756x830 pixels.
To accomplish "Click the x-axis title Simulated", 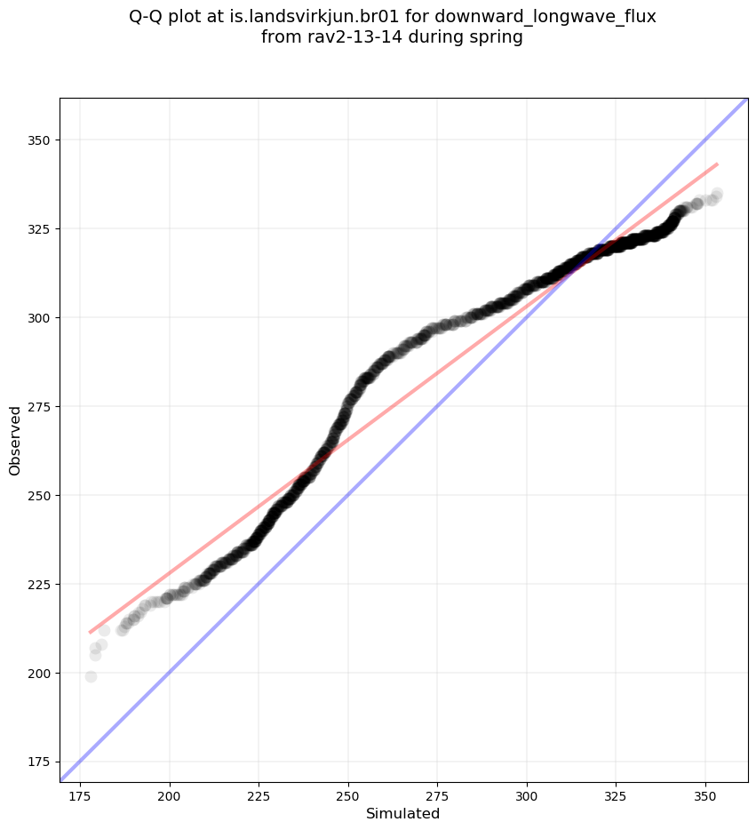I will click(x=402, y=813).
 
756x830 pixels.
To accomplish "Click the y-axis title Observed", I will click(x=15, y=440).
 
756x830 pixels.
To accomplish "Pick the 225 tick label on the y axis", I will click(x=39, y=584).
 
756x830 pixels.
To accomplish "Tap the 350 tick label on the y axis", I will click(x=39, y=140).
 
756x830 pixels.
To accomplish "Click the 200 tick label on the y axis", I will click(x=39, y=673).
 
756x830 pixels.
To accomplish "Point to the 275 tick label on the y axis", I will click(x=39, y=406).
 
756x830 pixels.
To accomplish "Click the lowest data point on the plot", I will click(x=91, y=676).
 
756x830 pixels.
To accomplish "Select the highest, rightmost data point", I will click(x=717, y=194).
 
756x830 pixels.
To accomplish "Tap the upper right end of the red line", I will click(x=717, y=164).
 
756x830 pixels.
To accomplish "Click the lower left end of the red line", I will click(x=91, y=632).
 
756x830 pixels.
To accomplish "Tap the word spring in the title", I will click(x=498, y=37).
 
